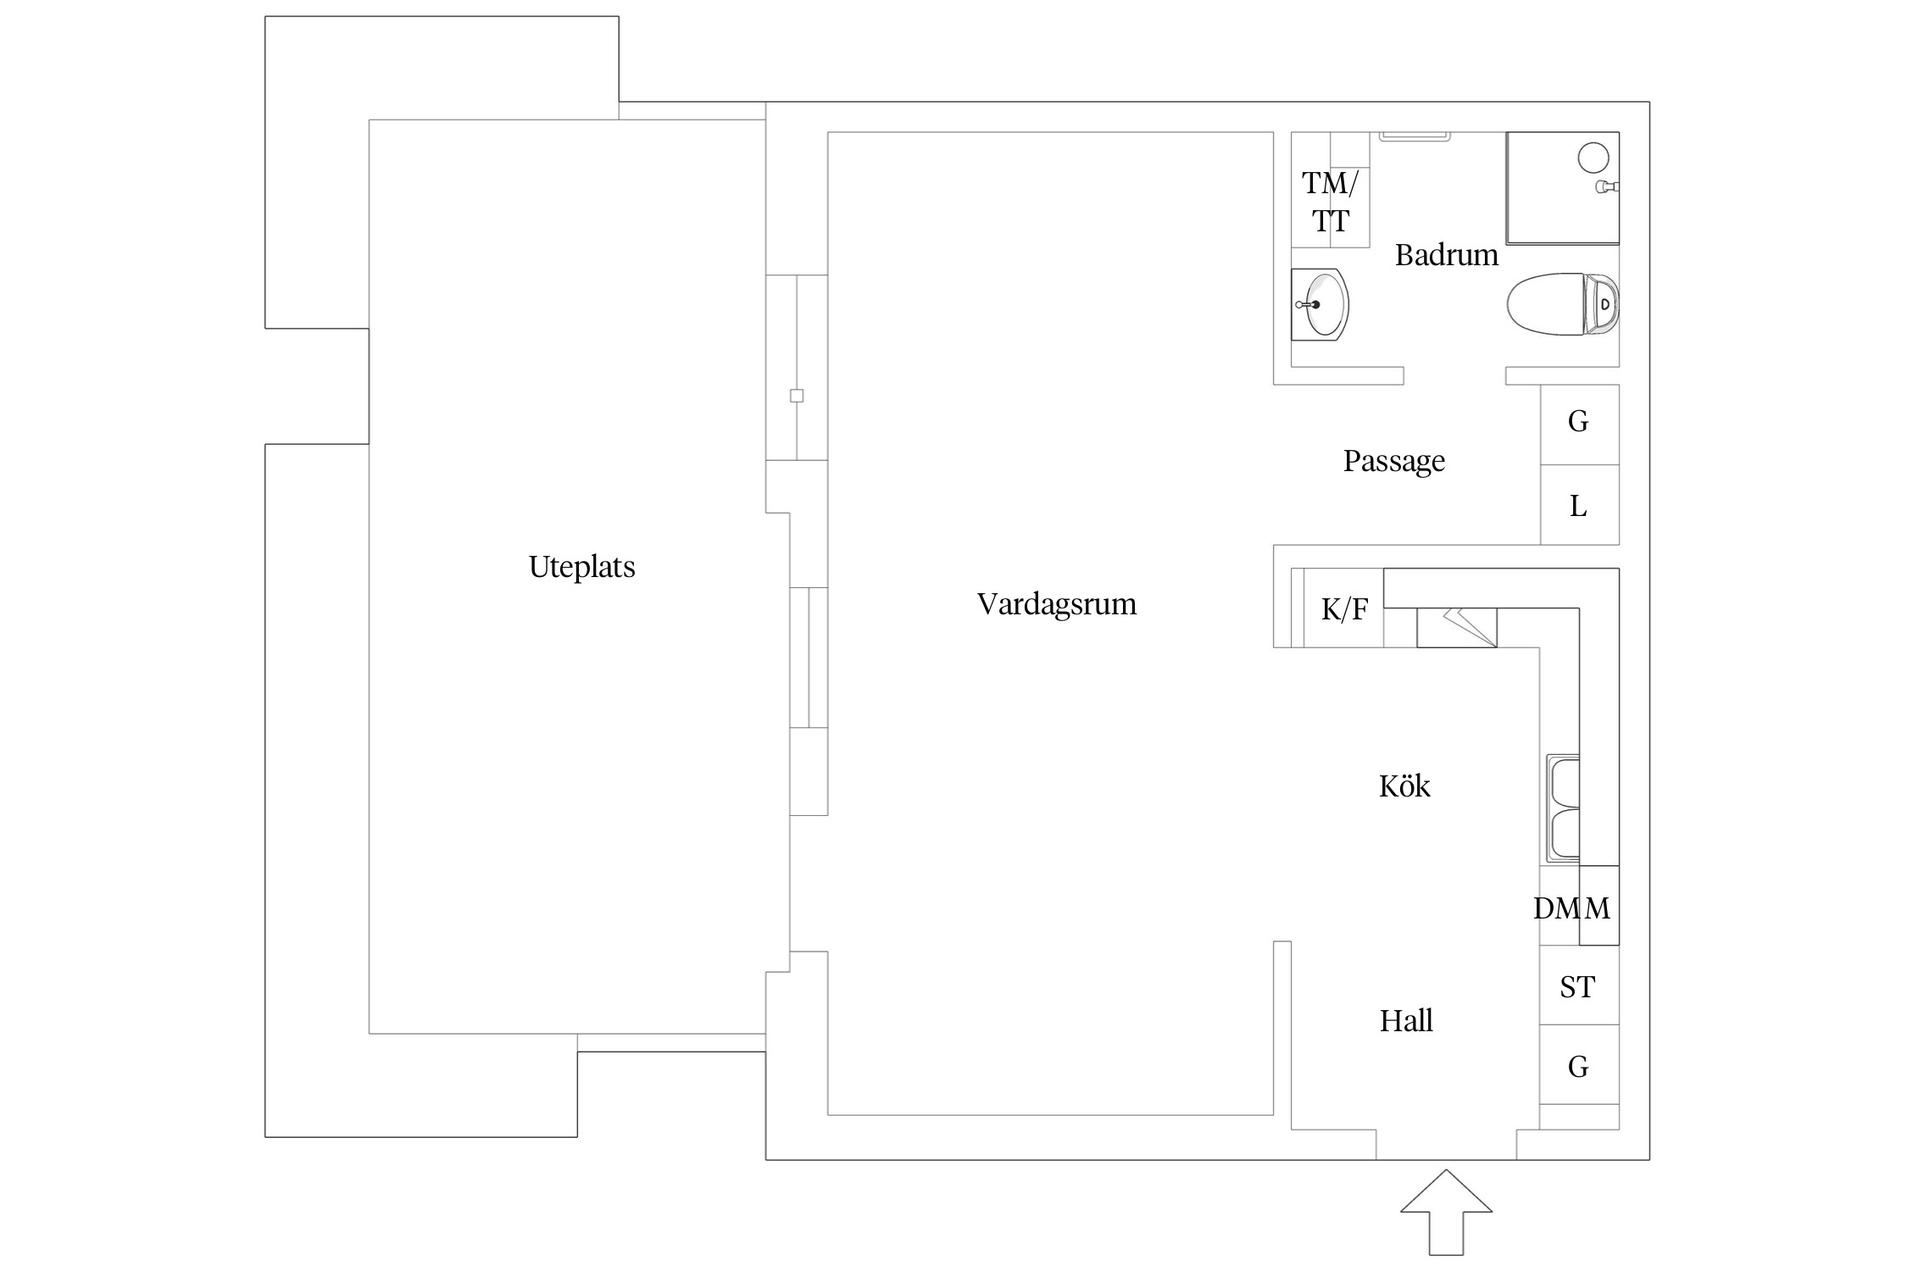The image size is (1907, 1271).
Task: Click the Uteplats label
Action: tap(581, 567)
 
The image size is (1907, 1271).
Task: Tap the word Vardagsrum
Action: tap(1056, 604)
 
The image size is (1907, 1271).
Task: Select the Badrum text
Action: tap(1446, 255)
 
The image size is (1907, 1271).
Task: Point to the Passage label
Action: tap(1394, 461)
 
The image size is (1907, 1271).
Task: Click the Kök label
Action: tap(1404, 785)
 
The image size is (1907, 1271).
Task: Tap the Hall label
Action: tap(1406, 1020)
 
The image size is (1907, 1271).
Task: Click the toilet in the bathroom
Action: tap(1563, 304)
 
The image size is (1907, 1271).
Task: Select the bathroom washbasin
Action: tap(1320, 304)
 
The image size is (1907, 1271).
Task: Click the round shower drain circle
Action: tap(1593, 158)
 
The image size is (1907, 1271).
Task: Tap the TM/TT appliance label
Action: tap(1330, 202)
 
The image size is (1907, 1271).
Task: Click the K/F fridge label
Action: tap(1344, 609)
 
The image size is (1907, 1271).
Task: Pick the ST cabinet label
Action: tap(1577, 986)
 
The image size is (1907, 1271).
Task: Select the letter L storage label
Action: tap(1578, 506)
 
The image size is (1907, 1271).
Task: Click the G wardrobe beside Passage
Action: tap(1578, 421)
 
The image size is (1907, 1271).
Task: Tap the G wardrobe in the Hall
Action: tap(1578, 1067)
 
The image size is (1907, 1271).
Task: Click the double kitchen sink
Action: tap(1563, 808)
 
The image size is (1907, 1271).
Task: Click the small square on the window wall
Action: tap(797, 396)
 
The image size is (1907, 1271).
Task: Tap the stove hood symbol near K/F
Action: tap(1457, 628)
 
